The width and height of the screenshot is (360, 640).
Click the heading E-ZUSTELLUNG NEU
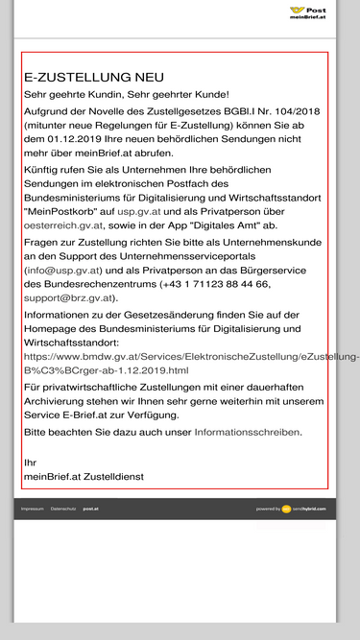coord(94,77)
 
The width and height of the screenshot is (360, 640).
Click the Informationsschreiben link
coord(248,432)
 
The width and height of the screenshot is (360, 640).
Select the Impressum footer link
coord(33,509)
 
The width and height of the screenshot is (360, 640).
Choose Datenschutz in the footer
coord(63,509)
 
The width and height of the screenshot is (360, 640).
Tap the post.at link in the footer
coord(90,509)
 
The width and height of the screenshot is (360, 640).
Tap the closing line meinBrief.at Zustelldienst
coord(84,476)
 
